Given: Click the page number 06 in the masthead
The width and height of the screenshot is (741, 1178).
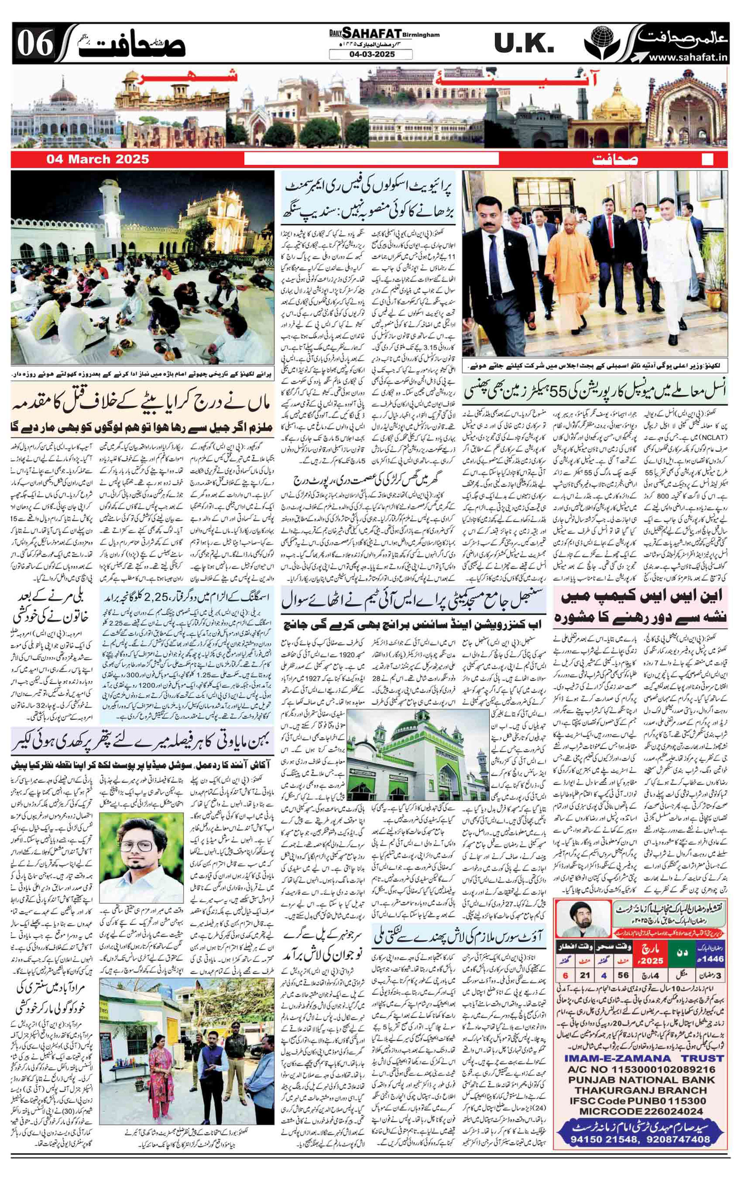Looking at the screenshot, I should [x=35, y=46].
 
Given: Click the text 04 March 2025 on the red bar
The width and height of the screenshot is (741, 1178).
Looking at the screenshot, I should [x=97, y=159].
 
